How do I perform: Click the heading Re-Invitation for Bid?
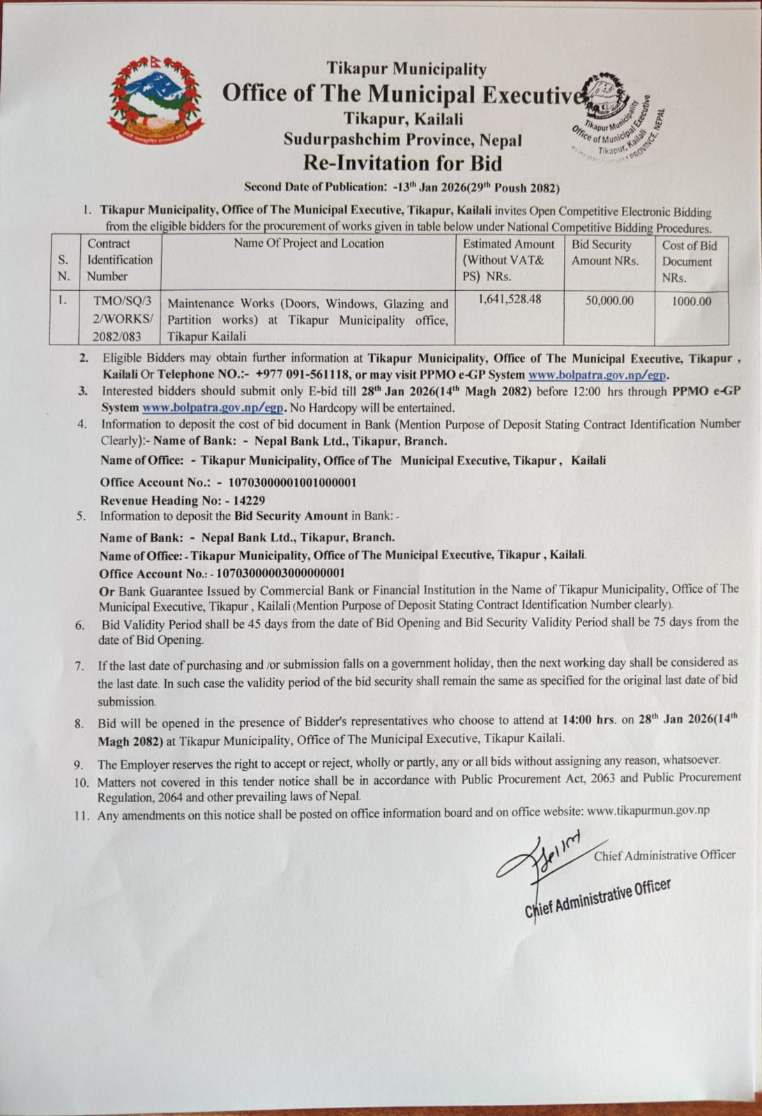[x=402, y=163]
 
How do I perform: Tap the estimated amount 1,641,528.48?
[x=510, y=299]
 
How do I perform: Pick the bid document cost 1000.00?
[x=692, y=301]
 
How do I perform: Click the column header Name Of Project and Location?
[x=308, y=243]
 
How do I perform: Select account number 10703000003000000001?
[x=281, y=573]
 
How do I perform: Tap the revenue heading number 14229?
[x=249, y=500]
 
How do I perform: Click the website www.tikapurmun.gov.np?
[x=648, y=810]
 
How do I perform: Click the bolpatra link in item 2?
[x=598, y=375]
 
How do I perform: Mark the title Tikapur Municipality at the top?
[x=406, y=69]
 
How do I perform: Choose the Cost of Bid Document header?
[x=689, y=261]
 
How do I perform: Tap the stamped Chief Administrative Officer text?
[x=597, y=898]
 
